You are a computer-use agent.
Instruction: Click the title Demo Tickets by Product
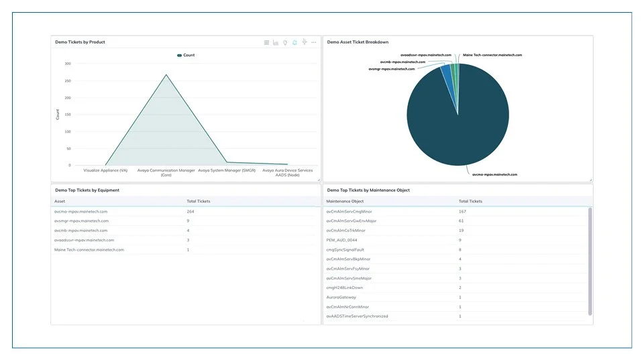coord(80,42)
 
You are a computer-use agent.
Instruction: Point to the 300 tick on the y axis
coord(67,64)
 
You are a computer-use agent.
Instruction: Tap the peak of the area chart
coord(166,74)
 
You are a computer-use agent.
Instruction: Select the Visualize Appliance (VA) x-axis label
coord(105,170)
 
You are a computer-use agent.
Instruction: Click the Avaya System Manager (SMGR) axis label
coord(227,170)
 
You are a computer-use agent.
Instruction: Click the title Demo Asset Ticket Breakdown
coord(358,42)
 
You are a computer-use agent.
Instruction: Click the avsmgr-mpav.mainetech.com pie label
coord(392,68)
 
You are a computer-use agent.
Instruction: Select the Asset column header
coord(60,201)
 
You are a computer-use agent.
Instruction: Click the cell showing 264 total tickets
coord(191,211)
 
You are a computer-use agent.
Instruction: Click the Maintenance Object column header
coord(345,201)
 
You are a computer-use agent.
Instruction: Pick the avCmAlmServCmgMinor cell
coord(349,211)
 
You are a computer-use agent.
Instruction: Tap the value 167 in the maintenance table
coord(462,211)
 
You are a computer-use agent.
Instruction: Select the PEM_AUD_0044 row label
coord(341,240)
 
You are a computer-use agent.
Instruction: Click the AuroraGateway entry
coord(341,297)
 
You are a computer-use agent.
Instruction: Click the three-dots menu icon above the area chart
coord(313,42)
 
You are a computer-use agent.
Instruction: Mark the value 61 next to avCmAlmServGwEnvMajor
coord(462,221)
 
